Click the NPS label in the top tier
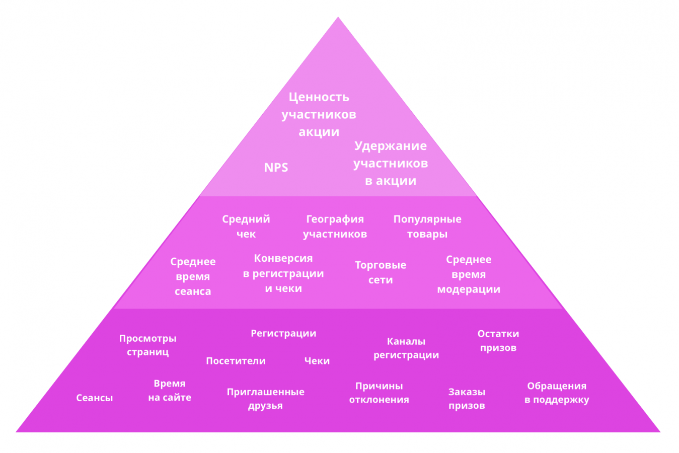point(276,168)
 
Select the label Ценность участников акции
point(319,114)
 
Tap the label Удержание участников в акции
point(391,163)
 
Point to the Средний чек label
point(246,226)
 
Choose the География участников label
point(335,226)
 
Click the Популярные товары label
point(427,226)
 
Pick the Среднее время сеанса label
point(193,276)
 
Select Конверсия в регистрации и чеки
point(283,273)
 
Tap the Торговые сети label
point(381,272)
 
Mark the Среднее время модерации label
point(469,274)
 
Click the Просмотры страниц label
point(147,345)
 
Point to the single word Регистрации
point(283,333)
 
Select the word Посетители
point(236,361)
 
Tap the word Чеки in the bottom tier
point(317,361)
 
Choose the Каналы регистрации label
point(406,348)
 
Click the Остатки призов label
point(498,341)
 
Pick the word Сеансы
point(95,398)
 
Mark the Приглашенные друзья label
point(265,399)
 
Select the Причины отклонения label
point(379,393)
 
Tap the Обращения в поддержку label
point(557,393)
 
